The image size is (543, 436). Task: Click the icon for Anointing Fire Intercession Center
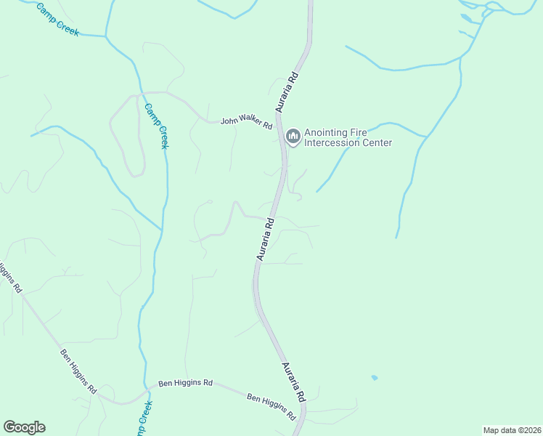(x=293, y=137)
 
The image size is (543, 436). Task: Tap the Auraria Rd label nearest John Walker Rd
(x=287, y=91)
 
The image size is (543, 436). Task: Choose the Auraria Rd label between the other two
(x=265, y=239)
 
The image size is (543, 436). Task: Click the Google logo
(x=24, y=427)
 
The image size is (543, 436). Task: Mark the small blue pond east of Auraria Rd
(x=374, y=378)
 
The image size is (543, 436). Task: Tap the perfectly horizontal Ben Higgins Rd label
(x=185, y=382)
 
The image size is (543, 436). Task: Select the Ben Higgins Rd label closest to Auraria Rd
(x=271, y=407)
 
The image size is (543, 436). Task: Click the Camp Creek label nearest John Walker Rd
(x=156, y=126)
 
